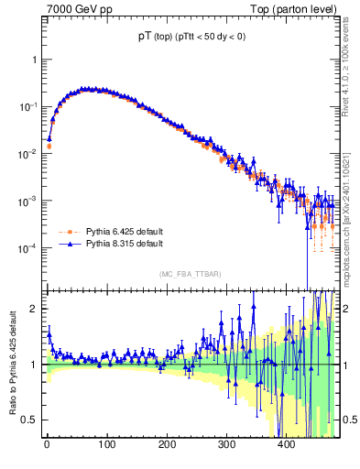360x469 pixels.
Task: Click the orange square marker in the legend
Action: (x=67, y=232)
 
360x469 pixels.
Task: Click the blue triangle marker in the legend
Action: (x=67, y=245)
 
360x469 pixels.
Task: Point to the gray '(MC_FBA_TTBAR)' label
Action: (x=189, y=274)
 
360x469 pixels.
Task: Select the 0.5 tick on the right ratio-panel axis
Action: (x=347, y=420)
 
